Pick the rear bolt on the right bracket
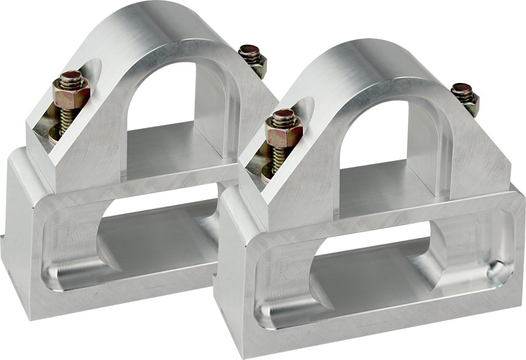click(x=465, y=97)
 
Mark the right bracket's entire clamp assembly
click(x=371, y=205)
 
